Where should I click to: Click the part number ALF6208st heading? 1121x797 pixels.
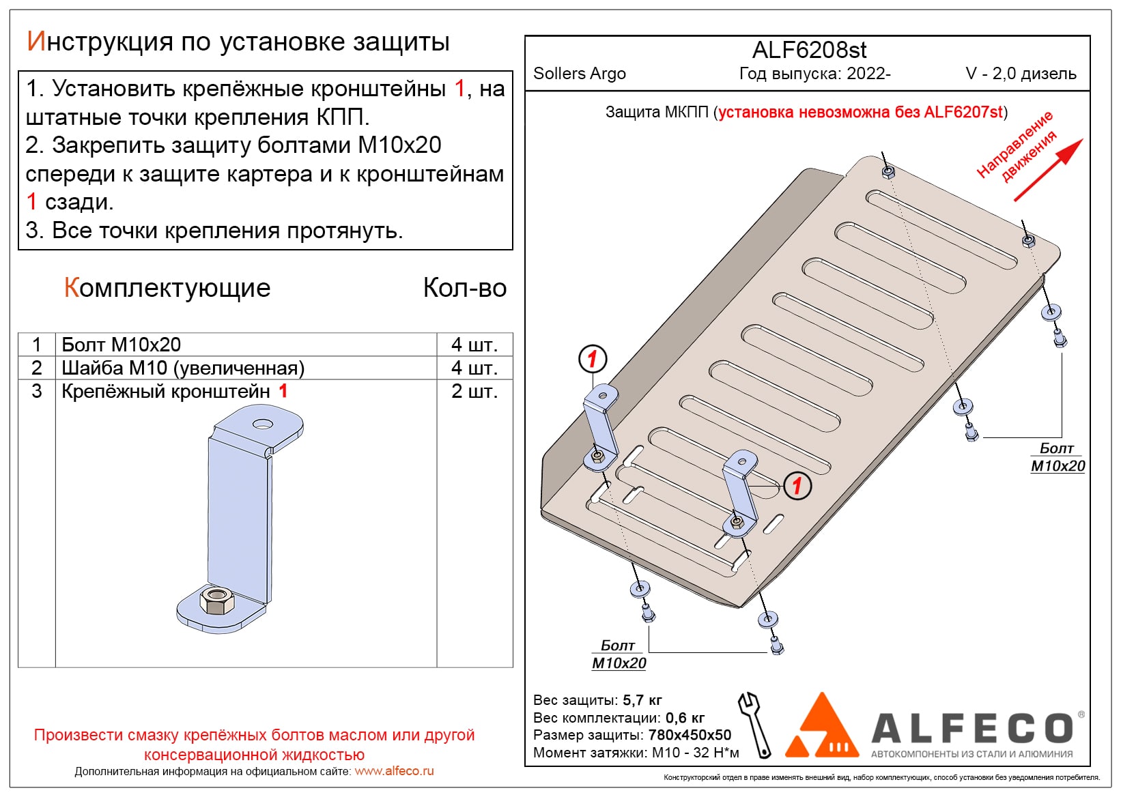(x=809, y=50)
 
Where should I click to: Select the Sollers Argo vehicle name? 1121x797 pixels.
(x=579, y=74)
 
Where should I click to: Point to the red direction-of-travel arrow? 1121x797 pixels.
(x=1048, y=170)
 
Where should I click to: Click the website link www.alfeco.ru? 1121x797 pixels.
(x=394, y=771)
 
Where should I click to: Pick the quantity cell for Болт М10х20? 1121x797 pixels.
(x=474, y=345)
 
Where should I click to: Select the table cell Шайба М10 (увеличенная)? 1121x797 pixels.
(x=183, y=368)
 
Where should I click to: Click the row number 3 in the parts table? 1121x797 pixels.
(x=37, y=391)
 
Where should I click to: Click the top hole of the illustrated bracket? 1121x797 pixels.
(x=263, y=424)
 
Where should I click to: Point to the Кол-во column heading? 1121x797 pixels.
(x=464, y=288)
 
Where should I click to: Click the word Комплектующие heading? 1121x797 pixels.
(x=167, y=288)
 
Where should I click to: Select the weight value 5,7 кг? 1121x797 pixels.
(x=642, y=700)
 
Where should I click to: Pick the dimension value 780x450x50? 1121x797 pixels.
(x=690, y=735)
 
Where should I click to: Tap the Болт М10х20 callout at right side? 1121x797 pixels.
(x=1057, y=457)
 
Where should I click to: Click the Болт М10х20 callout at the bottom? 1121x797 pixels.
(x=619, y=654)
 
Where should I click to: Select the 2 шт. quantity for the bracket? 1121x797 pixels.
(x=474, y=391)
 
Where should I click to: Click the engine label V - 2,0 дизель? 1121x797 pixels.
(x=1021, y=74)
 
